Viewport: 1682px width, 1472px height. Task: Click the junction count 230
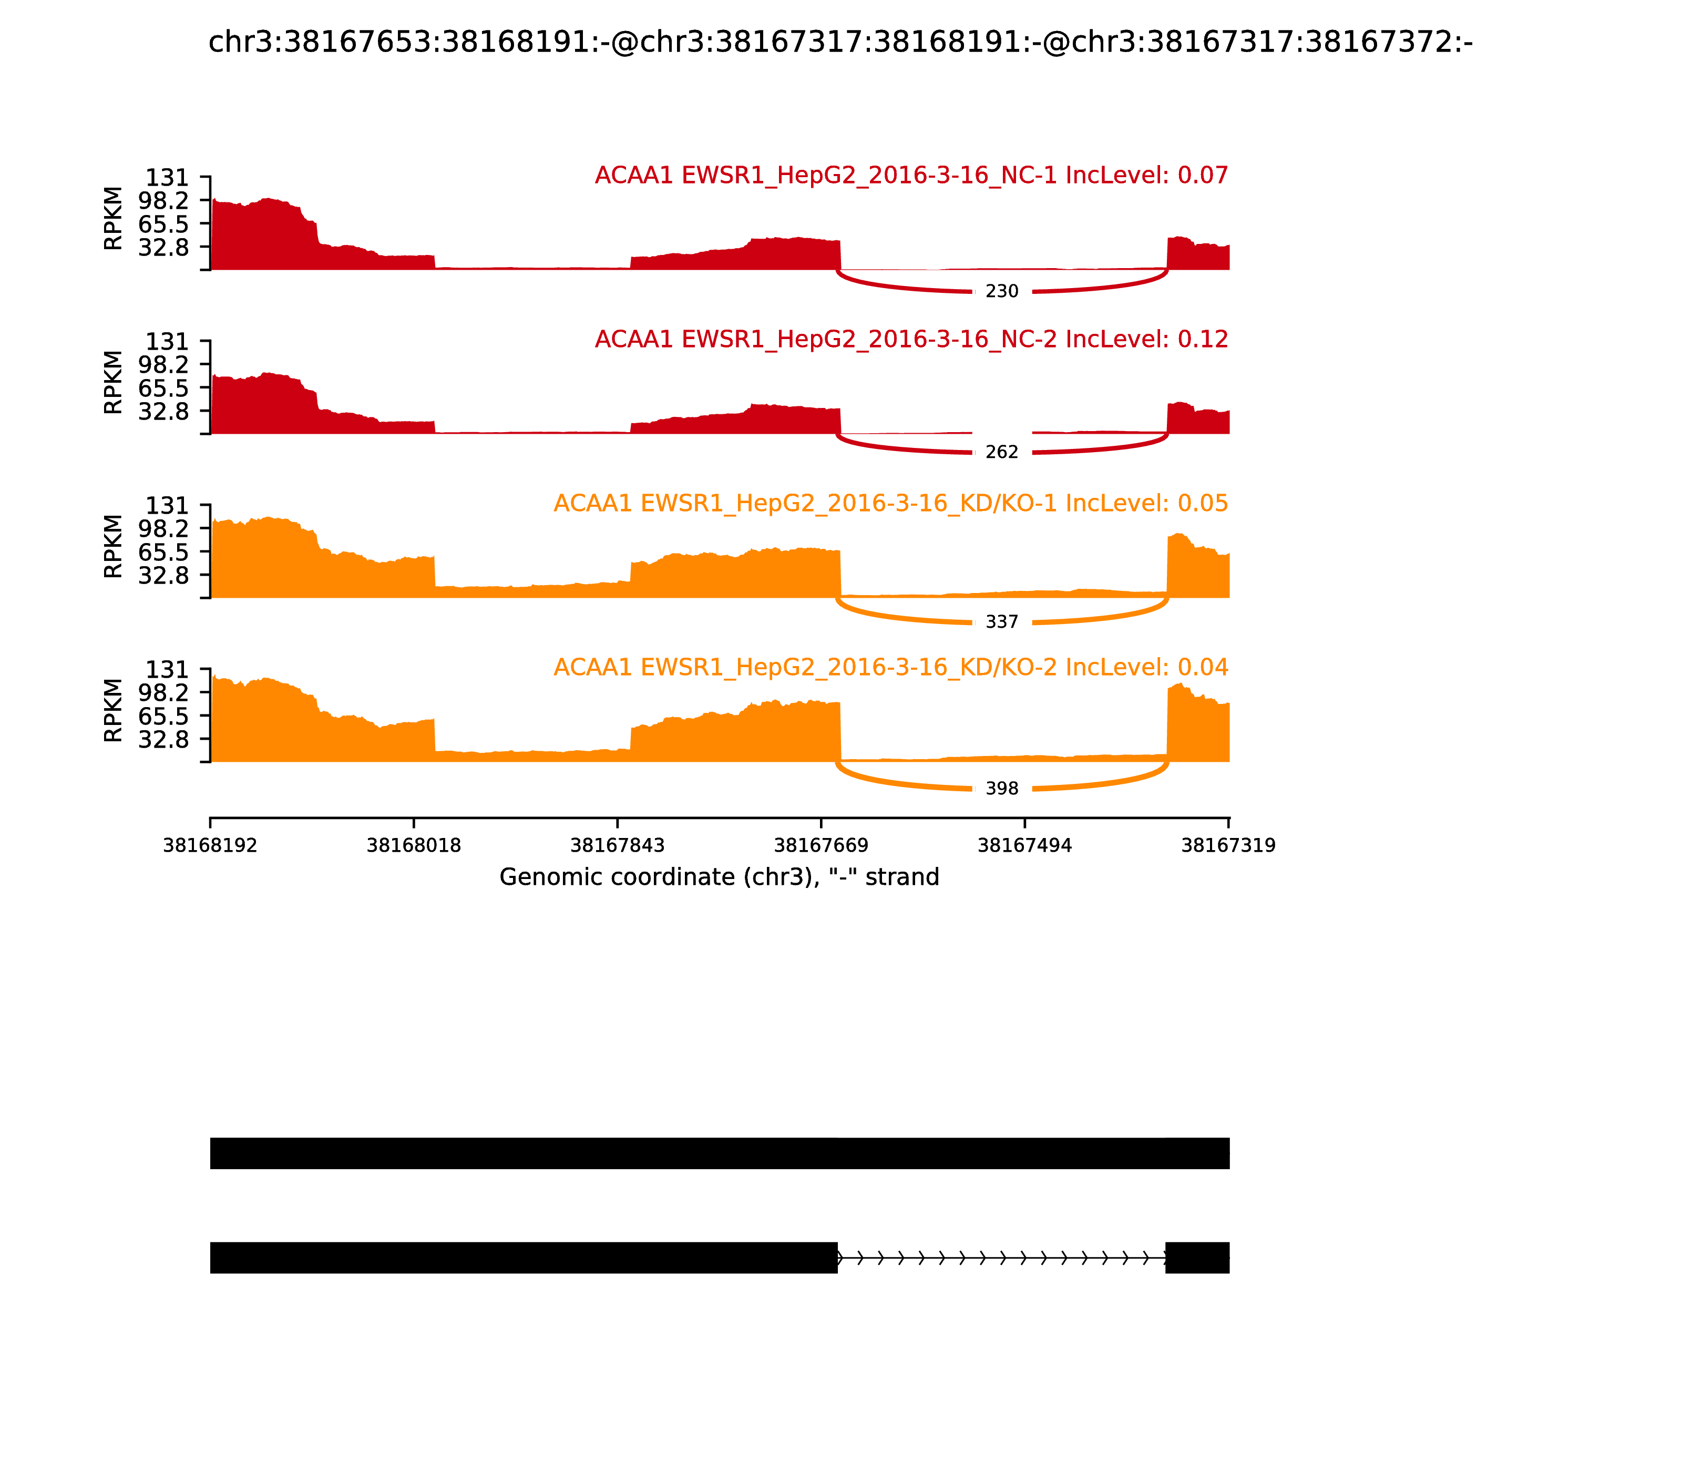[x=1001, y=292]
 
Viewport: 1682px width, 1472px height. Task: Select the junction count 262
[x=1001, y=453]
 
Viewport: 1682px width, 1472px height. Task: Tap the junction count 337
[x=1001, y=622]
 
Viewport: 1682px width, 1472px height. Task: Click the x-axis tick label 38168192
[x=210, y=846]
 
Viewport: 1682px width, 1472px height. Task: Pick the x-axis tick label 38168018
[x=414, y=846]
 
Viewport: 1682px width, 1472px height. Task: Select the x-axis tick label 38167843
[x=618, y=846]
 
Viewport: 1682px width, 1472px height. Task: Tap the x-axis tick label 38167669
[x=821, y=846]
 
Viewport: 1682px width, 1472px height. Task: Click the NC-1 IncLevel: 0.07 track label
[x=911, y=176]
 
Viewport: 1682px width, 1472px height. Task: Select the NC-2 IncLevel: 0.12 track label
[x=911, y=339]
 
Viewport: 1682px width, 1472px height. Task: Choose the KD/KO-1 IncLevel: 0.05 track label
[x=890, y=504]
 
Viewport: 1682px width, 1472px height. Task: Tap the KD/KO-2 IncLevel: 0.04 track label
[x=890, y=667]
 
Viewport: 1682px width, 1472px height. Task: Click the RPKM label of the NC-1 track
[x=114, y=219]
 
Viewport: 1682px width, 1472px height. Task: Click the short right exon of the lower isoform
[x=1197, y=1258]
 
